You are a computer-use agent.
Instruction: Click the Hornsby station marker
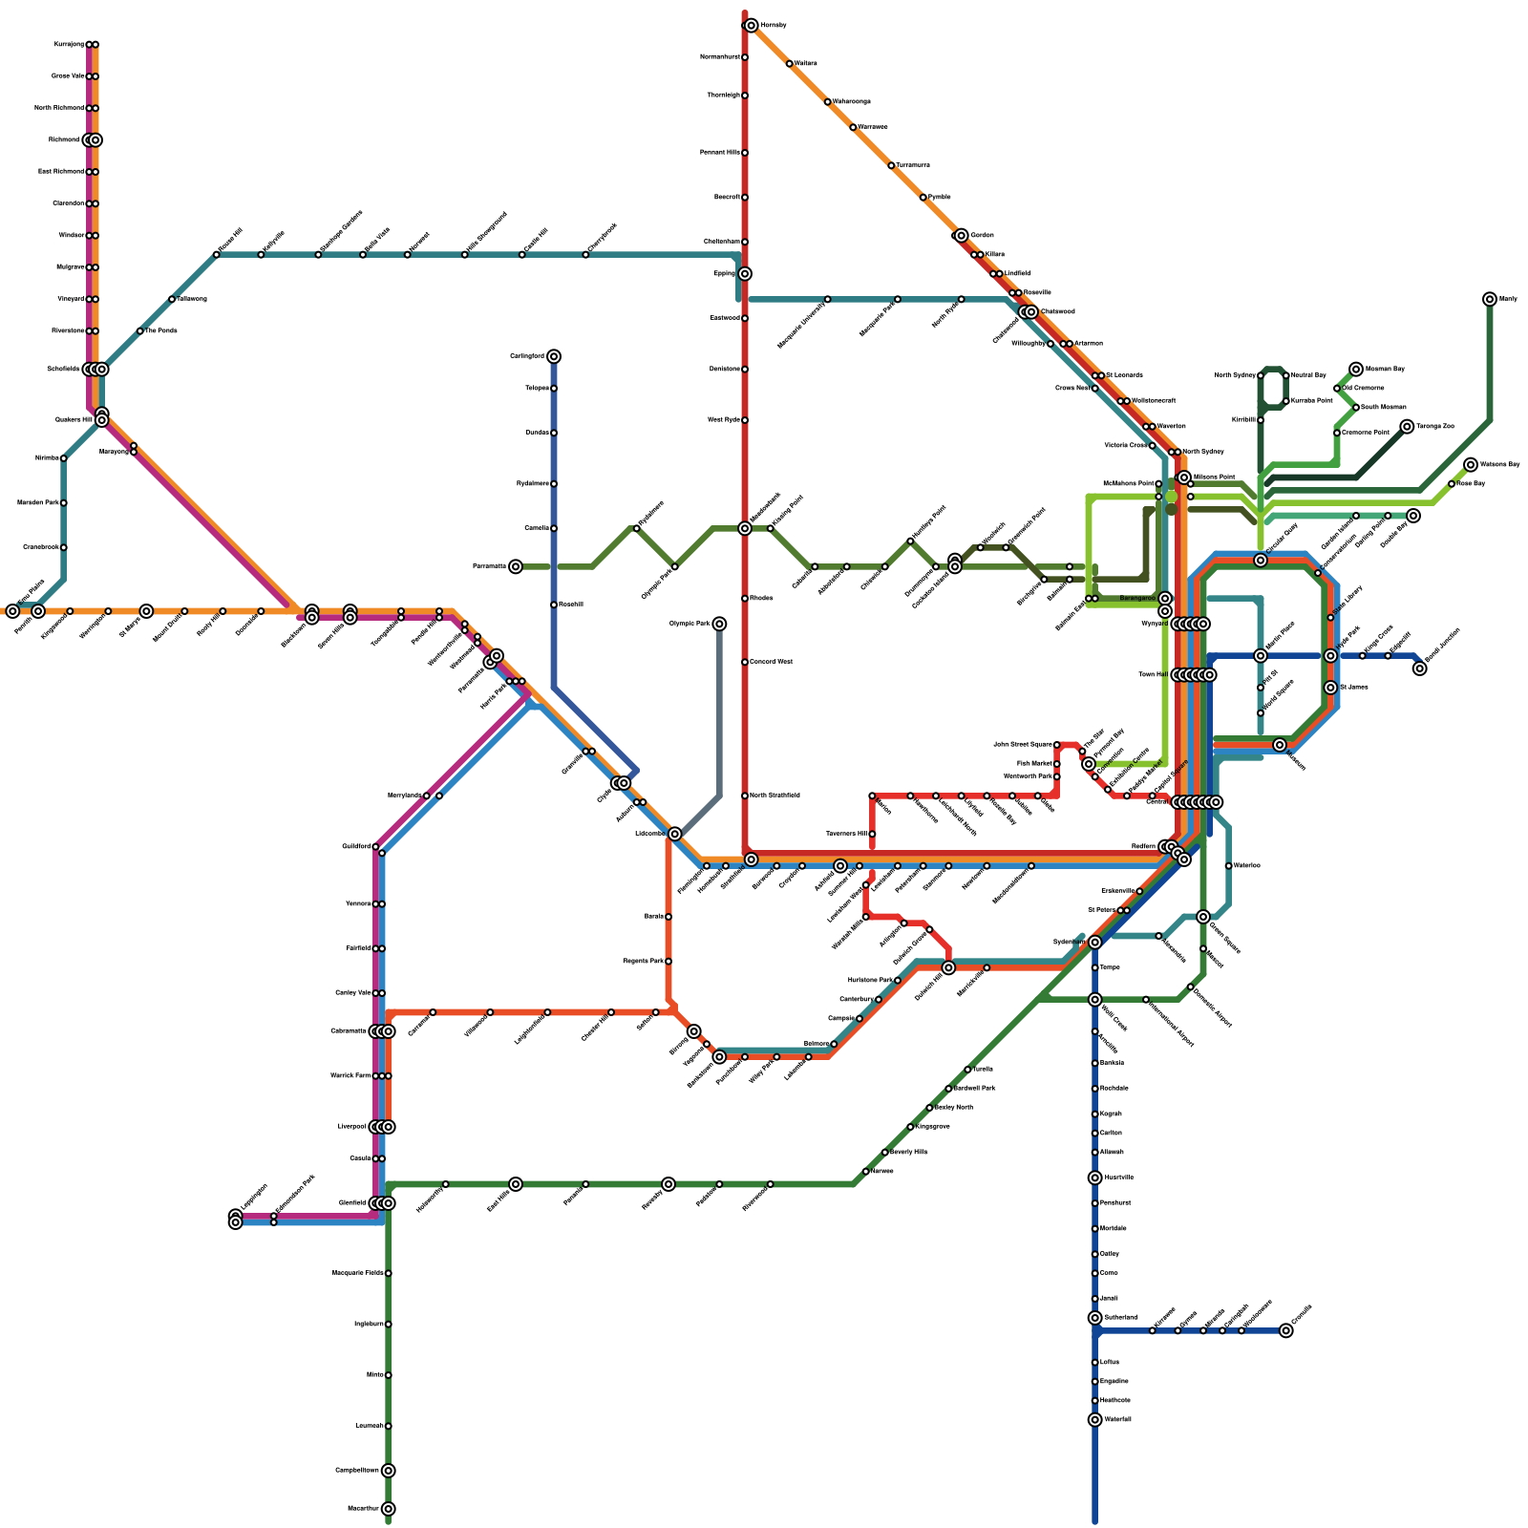[752, 26]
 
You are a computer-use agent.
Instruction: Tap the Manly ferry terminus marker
[1490, 299]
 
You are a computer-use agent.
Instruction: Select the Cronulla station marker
[1286, 1330]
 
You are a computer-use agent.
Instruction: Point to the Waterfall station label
[1117, 1419]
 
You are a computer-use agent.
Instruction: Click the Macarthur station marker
[388, 1509]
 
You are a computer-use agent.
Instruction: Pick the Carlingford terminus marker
[554, 356]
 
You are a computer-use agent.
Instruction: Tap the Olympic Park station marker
[719, 624]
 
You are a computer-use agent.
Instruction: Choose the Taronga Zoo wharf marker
[1407, 426]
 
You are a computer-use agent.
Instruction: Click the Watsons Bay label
[1499, 464]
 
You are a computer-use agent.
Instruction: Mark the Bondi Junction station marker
[1420, 668]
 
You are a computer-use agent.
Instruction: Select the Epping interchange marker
[745, 274]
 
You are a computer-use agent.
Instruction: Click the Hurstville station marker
[1094, 1178]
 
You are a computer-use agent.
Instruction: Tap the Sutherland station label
[1120, 1318]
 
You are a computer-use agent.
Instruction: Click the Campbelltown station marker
[388, 1471]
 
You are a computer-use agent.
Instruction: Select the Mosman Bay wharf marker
[1356, 369]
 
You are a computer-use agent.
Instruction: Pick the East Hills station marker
[516, 1184]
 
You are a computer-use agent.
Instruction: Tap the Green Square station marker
[1203, 917]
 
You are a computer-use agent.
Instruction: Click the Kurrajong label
[69, 44]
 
